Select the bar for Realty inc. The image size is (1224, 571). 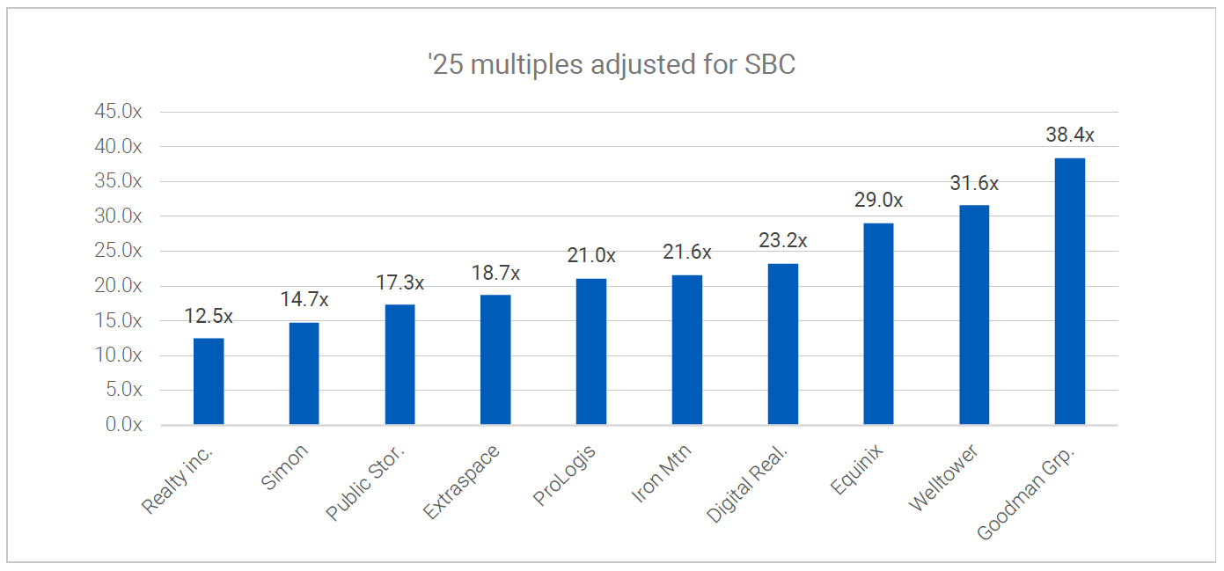(209, 381)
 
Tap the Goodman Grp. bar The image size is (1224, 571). (1069, 291)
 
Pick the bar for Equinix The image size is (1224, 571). (878, 324)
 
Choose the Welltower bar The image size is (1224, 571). (974, 315)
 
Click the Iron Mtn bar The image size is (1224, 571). (687, 349)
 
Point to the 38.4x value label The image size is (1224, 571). (1070, 135)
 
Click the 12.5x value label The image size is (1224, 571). (209, 316)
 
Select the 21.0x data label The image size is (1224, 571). (591, 256)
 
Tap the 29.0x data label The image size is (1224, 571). (878, 201)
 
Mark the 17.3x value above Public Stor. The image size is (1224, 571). (399, 282)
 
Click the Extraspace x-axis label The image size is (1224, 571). (462, 482)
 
